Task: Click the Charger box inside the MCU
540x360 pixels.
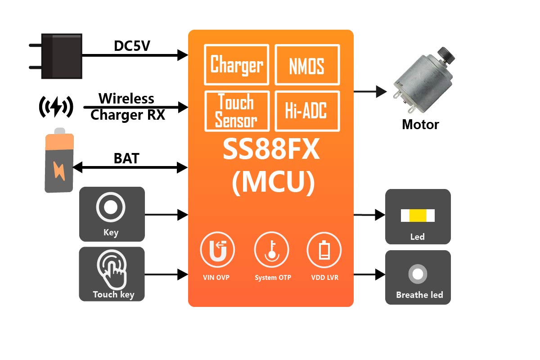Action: coord(237,64)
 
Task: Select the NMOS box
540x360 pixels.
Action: coord(307,64)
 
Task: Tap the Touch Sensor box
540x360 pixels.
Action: coord(237,111)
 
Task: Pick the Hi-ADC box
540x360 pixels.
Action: coord(307,111)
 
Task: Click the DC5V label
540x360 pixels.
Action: coord(132,46)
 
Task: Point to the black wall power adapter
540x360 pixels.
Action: coord(60,56)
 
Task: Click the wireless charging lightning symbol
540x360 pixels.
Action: coord(56,107)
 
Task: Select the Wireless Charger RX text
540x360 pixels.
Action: coord(127,107)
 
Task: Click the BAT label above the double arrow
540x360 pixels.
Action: coord(126,158)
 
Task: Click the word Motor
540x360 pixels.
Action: coord(420,124)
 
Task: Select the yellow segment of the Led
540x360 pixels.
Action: coord(418,216)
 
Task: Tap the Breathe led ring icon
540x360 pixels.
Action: coord(418,274)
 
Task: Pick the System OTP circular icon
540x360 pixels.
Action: coord(271,252)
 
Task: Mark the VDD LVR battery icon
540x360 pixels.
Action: coord(324,252)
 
